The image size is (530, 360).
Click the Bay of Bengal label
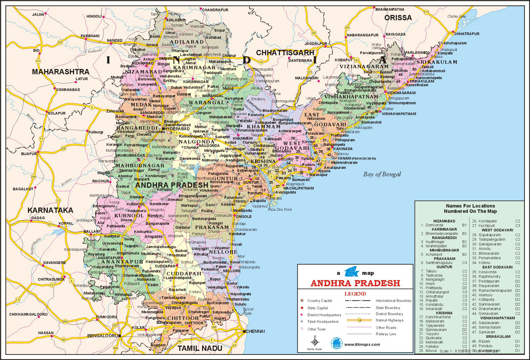click(x=382, y=174)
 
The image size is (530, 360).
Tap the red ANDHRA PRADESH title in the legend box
click(x=355, y=283)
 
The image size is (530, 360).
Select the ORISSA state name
click(x=398, y=18)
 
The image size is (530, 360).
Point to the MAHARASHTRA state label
click(x=60, y=72)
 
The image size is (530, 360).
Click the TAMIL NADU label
click(x=200, y=348)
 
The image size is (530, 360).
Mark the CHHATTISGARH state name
click(x=285, y=53)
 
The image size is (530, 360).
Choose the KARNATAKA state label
click(x=50, y=210)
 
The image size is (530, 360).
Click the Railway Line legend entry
click(x=386, y=334)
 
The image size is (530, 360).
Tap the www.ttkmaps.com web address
click(x=362, y=344)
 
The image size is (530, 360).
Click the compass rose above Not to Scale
click(x=315, y=342)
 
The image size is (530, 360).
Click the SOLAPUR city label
click(x=56, y=113)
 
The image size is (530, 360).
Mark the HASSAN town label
click(x=46, y=333)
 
